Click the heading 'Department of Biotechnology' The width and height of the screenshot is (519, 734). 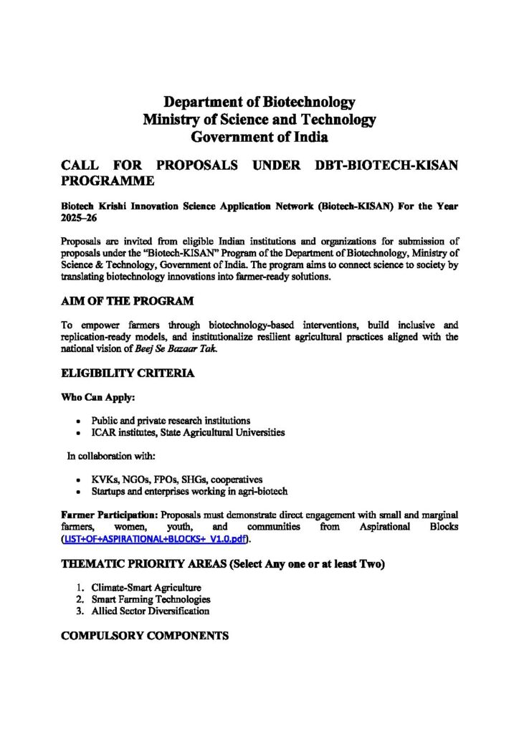click(x=259, y=102)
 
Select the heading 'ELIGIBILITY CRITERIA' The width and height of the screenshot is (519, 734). click(x=128, y=373)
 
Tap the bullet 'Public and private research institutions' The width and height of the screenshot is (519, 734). click(x=171, y=420)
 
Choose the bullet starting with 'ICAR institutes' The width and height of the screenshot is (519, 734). click(x=188, y=432)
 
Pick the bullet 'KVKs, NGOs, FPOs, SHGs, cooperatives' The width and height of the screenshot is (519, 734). click(x=177, y=479)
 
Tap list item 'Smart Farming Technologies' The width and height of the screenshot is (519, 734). click(x=151, y=599)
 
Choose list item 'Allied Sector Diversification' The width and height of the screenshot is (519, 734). click(x=151, y=611)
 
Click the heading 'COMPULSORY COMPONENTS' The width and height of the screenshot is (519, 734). click(x=145, y=636)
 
